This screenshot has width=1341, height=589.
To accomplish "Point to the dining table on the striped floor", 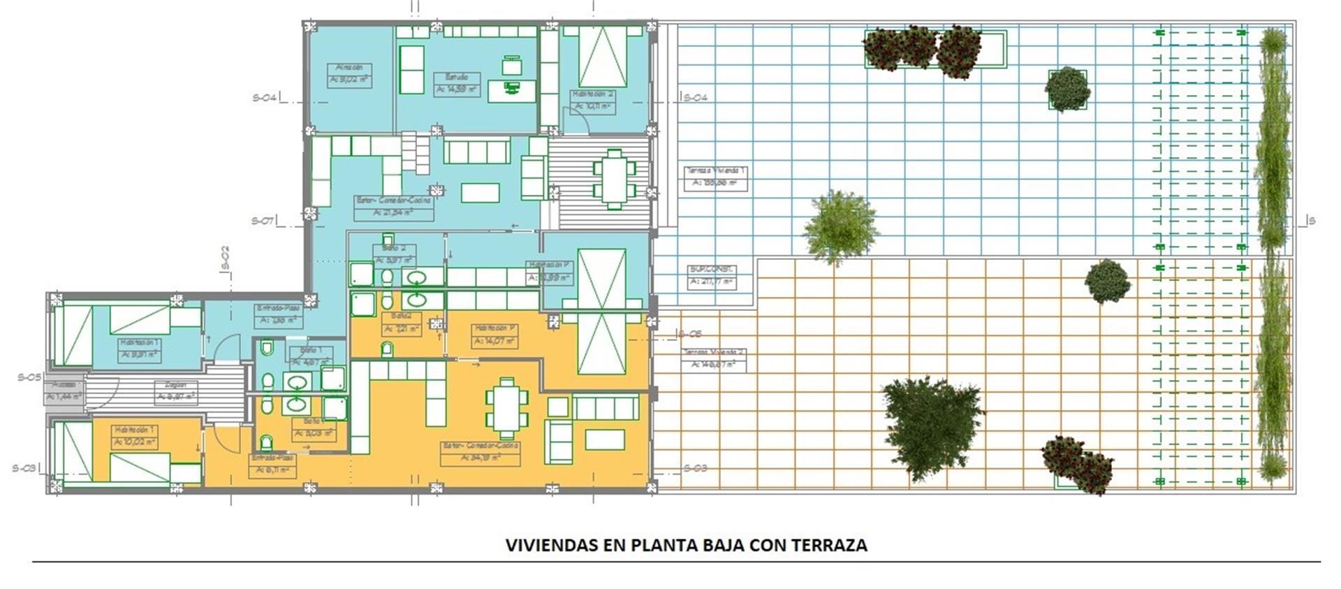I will pos(615,179).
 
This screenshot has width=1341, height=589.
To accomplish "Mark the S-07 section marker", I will pos(263,221).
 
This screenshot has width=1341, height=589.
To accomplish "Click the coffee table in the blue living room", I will pos(480,192).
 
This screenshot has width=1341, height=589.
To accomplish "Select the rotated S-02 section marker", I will pos(225,257).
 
